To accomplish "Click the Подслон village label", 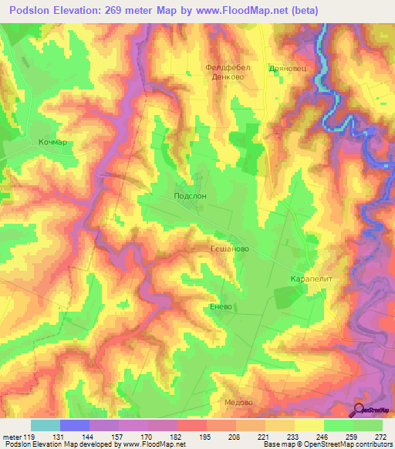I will (x=191, y=197).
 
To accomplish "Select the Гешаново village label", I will (x=229, y=250).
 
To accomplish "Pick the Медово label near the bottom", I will (x=238, y=402).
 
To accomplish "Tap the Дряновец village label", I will (x=288, y=68).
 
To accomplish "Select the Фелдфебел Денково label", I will (x=225, y=73).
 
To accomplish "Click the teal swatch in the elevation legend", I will (x=46, y=425).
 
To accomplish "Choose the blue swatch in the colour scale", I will (x=75, y=425).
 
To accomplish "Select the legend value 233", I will (x=294, y=437).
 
